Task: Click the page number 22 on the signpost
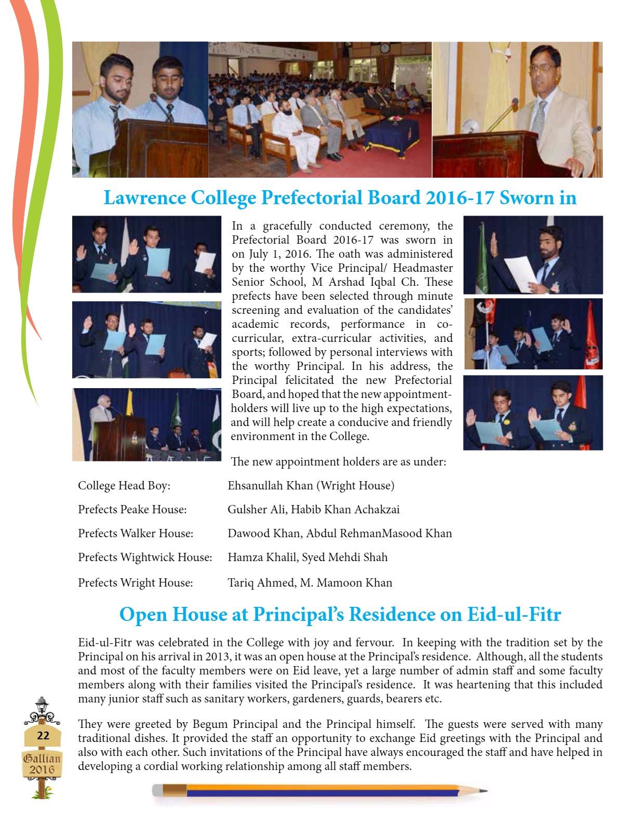tap(43, 735)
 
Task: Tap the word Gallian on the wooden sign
tap(42, 758)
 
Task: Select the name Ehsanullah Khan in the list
tap(270, 486)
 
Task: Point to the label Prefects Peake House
tap(132, 510)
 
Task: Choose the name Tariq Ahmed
tap(261, 583)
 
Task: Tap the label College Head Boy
tap(124, 486)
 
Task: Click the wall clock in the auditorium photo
tap(385, 48)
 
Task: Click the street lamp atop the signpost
tap(42, 706)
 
